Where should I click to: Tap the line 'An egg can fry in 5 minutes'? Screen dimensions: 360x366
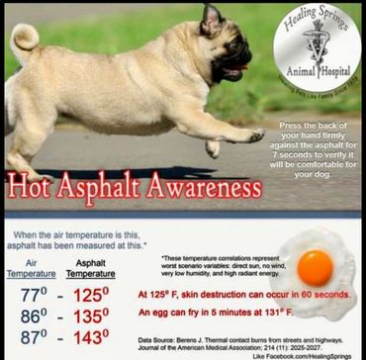point(208,314)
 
